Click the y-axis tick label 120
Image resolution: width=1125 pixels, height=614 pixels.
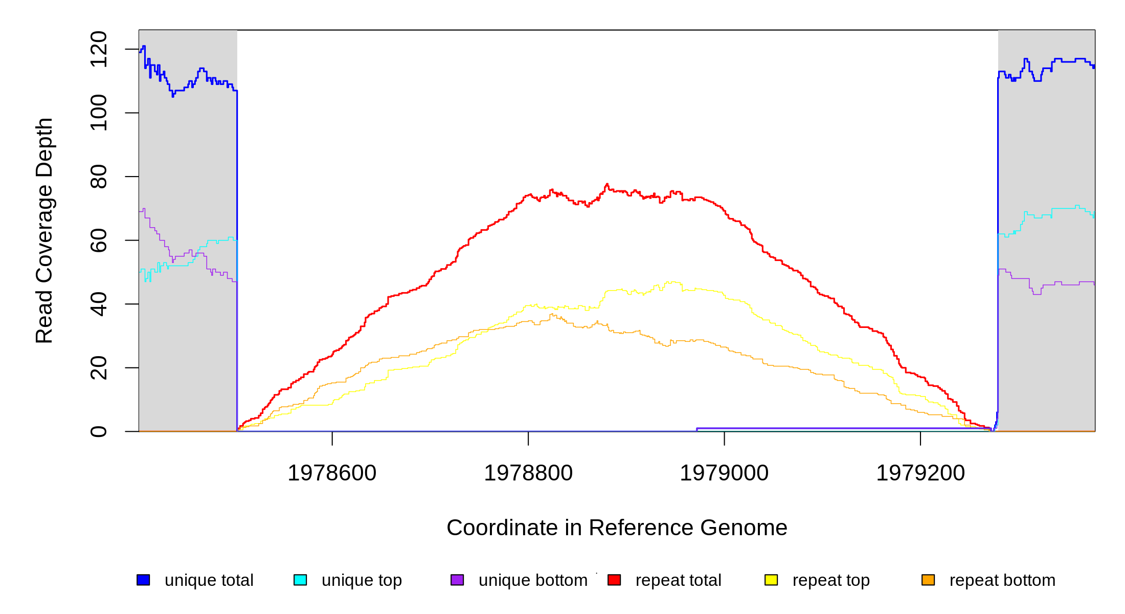[x=98, y=49]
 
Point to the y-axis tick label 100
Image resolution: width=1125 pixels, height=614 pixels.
[x=98, y=113]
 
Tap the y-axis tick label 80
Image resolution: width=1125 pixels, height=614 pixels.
[x=98, y=177]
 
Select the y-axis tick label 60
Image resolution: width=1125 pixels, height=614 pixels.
[x=98, y=240]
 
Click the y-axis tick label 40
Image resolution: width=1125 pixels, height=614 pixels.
[x=98, y=304]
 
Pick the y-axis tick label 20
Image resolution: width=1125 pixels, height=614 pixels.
[x=98, y=368]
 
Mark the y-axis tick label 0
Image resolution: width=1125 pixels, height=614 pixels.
[x=98, y=431]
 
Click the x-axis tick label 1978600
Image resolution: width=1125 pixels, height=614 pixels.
[x=332, y=473]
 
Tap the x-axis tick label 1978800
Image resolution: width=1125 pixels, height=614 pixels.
[x=528, y=473]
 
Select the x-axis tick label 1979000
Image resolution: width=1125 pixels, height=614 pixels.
[x=724, y=473]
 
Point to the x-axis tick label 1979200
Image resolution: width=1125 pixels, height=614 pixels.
[x=920, y=473]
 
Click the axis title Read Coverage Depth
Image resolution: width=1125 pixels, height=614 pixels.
[x=44, y=230]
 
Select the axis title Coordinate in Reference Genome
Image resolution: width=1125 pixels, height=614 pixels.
[x=617, y=528]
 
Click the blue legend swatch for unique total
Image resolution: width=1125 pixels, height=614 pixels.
[x=143, y=580]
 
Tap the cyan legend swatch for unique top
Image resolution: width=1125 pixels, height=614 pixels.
[x=300, y=580]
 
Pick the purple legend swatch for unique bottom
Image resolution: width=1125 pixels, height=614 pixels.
[x=457, y=580]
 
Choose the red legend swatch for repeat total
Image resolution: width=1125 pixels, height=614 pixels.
[x=614, y=580]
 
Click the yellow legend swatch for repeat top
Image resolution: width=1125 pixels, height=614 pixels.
[x=771, y=580]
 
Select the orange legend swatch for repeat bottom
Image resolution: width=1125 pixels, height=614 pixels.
[x=928, y=580]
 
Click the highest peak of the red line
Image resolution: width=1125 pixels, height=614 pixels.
[x=607, y=184]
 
